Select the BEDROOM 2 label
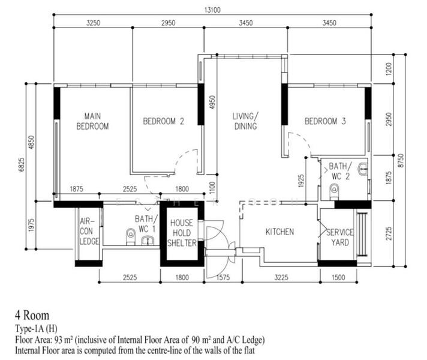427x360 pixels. pos(163,121)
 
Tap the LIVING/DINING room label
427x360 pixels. pos(245,121)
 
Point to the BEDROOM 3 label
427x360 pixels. pos(325,121)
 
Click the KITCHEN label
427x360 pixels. pos(279,232)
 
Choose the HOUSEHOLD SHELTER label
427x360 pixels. pos(181,232)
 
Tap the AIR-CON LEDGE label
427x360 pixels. pos(89,232)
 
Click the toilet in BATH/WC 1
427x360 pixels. pos(131,234)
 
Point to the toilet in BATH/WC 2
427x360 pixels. pos(334,190)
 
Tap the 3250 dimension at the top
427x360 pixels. pos(93,23)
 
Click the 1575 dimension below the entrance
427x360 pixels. pos(222,277)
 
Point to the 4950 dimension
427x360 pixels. pos(211,102)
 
